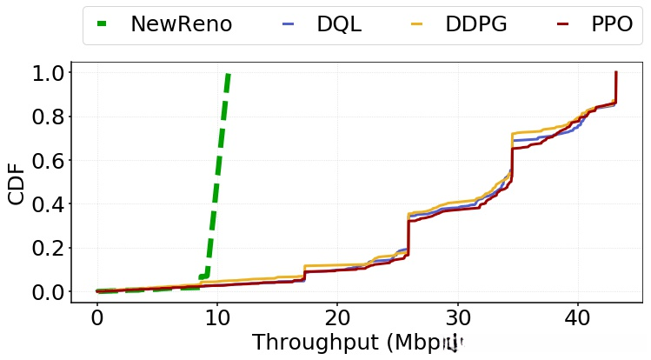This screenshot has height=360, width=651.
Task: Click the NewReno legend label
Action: [x=181, y=24]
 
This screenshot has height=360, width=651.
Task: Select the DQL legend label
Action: [x=338, y=24]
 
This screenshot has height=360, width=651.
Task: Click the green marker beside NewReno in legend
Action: [x=102, y=24]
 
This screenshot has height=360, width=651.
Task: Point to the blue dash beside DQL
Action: [x=289, y=24]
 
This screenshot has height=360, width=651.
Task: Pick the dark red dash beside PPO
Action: [x=562, y=24]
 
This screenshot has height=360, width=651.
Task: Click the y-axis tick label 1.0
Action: [x=48, y=73]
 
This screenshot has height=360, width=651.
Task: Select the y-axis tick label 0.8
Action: [x=48, y=117]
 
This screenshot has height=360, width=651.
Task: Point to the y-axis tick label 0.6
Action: [x=48, y=161]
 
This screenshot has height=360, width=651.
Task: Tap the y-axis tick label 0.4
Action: [x=48, y=204]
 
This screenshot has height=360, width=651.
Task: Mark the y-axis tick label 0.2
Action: [x=48, y=249]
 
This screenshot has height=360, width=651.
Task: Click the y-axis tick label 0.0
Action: [x=48, y=292]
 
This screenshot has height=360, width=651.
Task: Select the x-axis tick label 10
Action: [x=217, y=317]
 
